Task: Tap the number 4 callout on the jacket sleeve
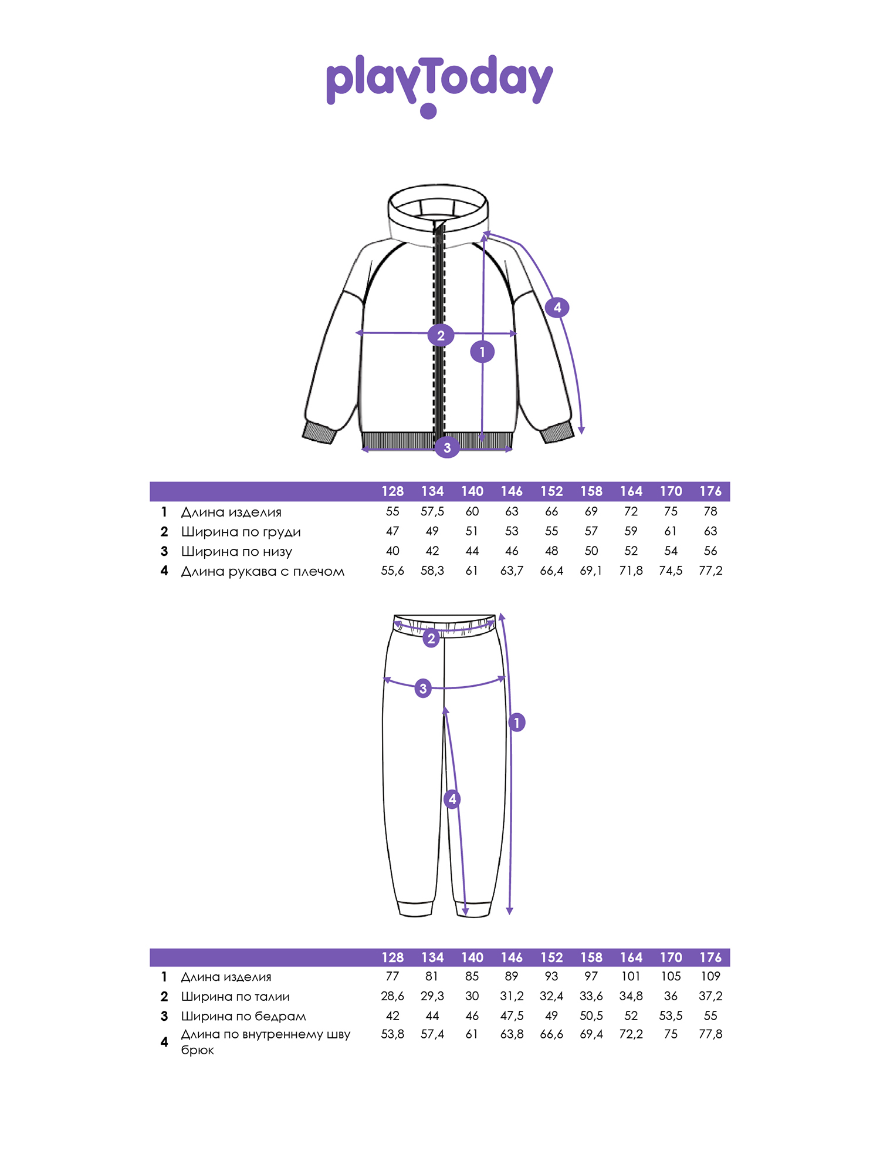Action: (557, 307)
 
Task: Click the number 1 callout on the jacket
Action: (482, 352)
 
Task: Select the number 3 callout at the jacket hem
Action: (447, 447)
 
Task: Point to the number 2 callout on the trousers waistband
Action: (431, 638)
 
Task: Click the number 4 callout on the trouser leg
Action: (452, 799)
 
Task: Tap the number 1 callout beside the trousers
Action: (517, 722)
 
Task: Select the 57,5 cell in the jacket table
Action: (432, 511)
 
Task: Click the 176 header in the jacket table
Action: (710, 491)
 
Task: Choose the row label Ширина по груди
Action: (241, 532)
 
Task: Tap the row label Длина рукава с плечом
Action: (262, 571)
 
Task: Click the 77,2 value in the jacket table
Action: (710, 571)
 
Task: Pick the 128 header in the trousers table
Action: (392, 957)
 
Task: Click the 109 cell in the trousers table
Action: (710, 976)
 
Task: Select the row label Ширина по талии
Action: (235, 996)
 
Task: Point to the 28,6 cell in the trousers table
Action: (392, 996)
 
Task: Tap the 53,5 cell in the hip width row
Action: (671, 1016)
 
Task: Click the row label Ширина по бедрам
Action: (243, 1016)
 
